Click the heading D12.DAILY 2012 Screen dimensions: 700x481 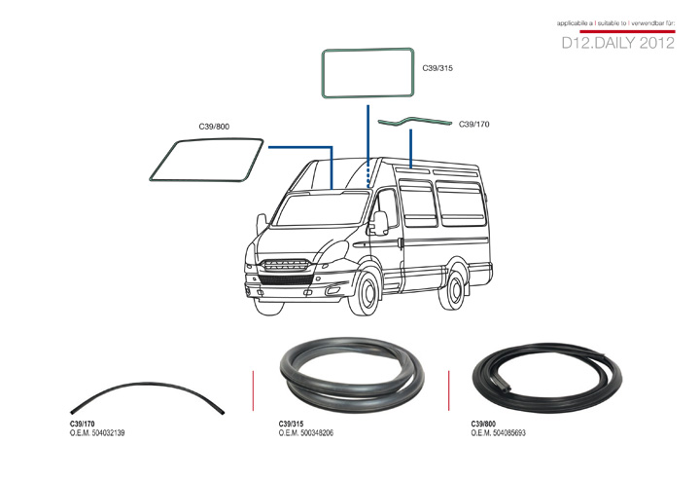pyautogui.click(x=618, y=43)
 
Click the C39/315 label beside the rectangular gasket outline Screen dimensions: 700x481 pyautogui.click(x=437, y=68)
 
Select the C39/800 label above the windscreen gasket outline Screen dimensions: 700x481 pyautogui.click(x=214, y=127)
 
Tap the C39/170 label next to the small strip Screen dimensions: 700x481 pyautogui.click(x=474, y=125)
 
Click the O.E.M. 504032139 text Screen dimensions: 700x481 pyautogui.click(x=97, y=432)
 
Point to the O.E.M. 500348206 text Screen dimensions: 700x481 pyautogui.click(x=306, y=432)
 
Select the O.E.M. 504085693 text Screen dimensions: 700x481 pyautogui.click(x=498, y=432)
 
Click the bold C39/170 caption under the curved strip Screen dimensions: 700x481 pyautogui.click(x=82, y=424)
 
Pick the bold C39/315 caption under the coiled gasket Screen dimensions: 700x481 pyautogui.click(x=291, y=424)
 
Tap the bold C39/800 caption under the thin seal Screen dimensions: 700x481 pyautogui.click(x=483, y=424)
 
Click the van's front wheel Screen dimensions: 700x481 pyautogui.click(x=366, y=292)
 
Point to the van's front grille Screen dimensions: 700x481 pyautogui.click(x=286, y=265)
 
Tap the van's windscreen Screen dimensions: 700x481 pyautogui.click(x=320, y=208)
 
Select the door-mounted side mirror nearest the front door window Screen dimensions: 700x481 pyautogui.click(x=380, y=223)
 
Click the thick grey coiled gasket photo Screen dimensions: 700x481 pyautogui.click(x=352, y=375)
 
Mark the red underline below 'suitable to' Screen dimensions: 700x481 pyautogui.click(x=627, y=31)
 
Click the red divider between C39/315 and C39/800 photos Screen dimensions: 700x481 pyautogui.click(x=448, y=390)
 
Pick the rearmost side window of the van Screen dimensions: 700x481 pyautogui.click(x=461, y=203)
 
